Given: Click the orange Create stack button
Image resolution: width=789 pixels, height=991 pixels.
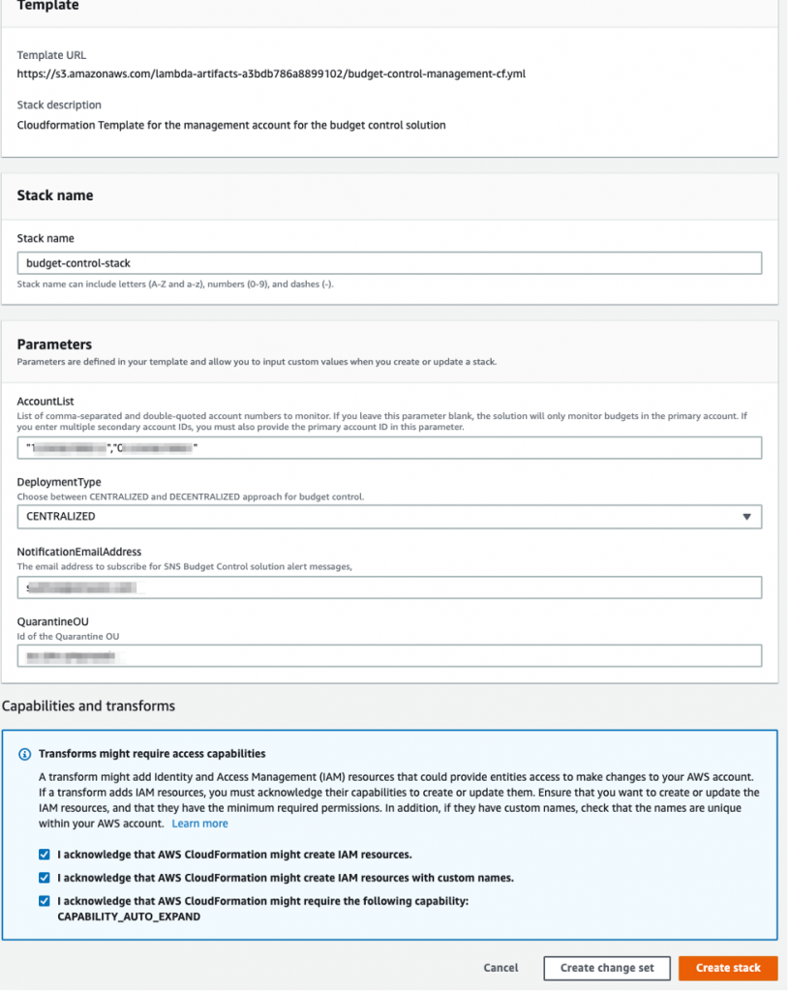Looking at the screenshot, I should point(727,968).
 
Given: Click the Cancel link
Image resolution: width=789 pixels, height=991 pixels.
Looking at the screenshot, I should point(501,968).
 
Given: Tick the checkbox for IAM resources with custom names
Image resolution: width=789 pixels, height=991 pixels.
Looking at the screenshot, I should point(45,878).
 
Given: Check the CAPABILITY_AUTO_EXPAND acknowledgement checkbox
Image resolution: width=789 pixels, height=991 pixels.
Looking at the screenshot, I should point(45,901).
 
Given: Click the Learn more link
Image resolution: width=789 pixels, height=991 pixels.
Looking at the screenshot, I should point(199,824).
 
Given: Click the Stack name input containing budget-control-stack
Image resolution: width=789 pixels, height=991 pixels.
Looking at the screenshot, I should point(389,263).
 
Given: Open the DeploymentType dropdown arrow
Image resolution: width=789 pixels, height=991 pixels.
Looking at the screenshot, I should point(745,517).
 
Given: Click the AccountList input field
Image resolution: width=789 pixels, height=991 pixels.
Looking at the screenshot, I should point(389,447).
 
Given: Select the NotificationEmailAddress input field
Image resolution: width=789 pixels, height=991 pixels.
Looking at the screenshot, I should point(389,587).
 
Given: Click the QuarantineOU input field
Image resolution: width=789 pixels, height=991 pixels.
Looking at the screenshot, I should point(389,656).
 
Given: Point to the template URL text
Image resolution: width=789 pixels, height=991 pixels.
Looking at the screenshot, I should point(271,74).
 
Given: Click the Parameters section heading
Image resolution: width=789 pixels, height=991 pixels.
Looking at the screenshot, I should point(54,345).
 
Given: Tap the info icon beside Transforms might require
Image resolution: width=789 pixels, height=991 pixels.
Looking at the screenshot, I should point(25,754).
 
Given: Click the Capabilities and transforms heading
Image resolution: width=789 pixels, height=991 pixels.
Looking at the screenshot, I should point(89,706).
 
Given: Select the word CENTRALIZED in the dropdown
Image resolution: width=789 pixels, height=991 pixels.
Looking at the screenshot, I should point(61,517).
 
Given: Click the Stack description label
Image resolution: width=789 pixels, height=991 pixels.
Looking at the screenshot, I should point(59,105).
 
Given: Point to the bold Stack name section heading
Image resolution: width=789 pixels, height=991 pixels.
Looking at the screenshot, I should point(55,195).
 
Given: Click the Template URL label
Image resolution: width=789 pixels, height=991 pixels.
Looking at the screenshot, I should point(51,55).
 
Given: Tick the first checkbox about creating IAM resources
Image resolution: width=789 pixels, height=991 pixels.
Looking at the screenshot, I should point(45,855).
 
